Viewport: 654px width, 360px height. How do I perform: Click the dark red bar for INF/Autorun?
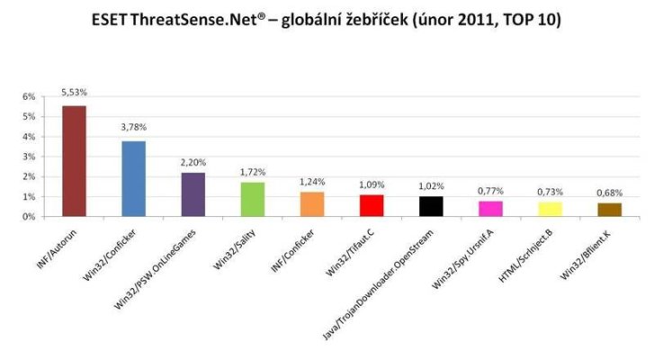tap(73, 161)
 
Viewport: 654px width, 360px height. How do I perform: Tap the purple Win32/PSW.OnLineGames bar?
tap(193, 194)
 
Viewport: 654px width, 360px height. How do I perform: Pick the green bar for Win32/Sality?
tap(254, 199)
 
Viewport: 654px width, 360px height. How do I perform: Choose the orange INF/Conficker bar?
tap(313, 204)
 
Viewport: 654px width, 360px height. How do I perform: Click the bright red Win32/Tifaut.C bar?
tap(372, 205)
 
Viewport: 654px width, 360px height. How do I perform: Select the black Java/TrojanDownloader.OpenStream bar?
tap(432, 206)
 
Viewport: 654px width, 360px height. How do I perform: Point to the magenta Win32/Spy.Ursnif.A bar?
tap(491, 209)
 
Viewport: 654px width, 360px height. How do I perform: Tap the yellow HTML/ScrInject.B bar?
tap(551, 209)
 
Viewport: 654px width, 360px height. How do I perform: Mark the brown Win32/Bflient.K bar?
tap(610, 210)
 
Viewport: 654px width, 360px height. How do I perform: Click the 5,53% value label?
tap(73, 93)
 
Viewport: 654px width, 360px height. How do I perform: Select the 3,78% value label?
tap(133, 128)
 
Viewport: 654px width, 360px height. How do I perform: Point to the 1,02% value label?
tap(432, 185)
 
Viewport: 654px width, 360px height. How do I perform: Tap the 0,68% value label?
tap(610, 191)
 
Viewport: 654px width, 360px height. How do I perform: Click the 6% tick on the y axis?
tap(29, 96)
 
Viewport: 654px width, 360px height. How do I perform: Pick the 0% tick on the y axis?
tap(29, 217)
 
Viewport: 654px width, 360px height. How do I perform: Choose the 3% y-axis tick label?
tap(29, 157)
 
